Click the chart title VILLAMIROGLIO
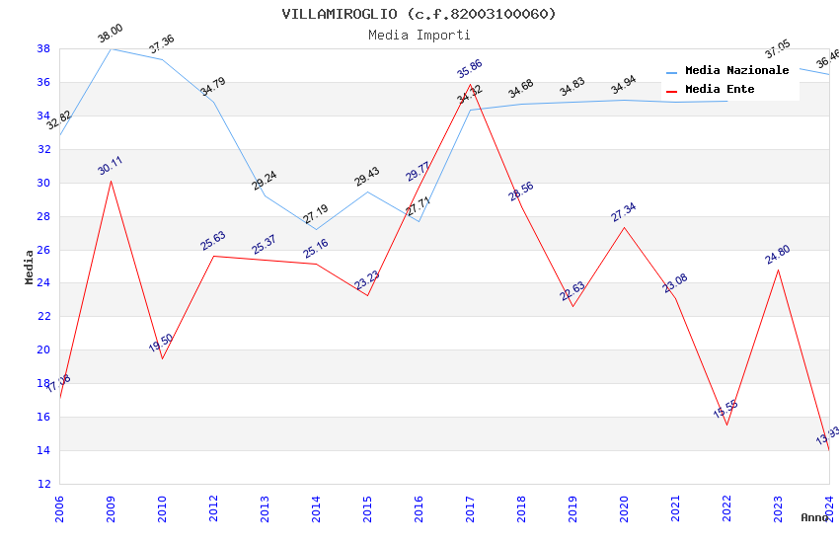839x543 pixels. point(419,14)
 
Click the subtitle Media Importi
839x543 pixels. point(419,36)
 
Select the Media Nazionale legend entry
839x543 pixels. point(736,71)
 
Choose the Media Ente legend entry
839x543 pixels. point(720,90)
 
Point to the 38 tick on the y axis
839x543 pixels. point(43,48)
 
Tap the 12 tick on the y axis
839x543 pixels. point(43,484)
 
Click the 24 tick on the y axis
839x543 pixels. point(43,283)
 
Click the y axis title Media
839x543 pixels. point(30,267)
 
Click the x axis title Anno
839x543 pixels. point(814,517)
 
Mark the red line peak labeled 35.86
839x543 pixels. point(470,85)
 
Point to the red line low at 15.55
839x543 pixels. point(726,425)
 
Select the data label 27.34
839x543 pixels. point(624,212)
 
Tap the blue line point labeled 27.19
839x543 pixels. point(316,230)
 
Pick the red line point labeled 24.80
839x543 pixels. point(778,270)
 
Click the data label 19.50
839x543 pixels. point(161,343)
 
